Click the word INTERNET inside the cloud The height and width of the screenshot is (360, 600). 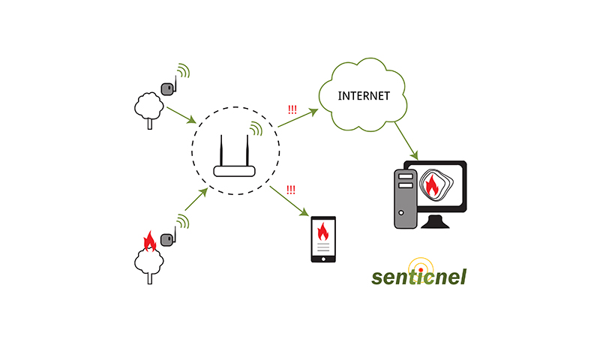[364, 95]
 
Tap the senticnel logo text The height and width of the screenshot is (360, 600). [419, 276]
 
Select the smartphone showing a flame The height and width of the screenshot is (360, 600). [323, 239]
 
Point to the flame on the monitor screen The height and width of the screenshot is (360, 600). [433, 185]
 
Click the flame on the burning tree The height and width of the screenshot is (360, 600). [149, 241]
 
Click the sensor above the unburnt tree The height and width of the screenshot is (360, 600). [169, 87]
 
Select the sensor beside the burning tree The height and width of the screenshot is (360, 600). [169, 241]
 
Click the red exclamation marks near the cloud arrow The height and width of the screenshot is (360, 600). [292, 109]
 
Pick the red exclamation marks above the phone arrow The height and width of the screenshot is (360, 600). [290, 190]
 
